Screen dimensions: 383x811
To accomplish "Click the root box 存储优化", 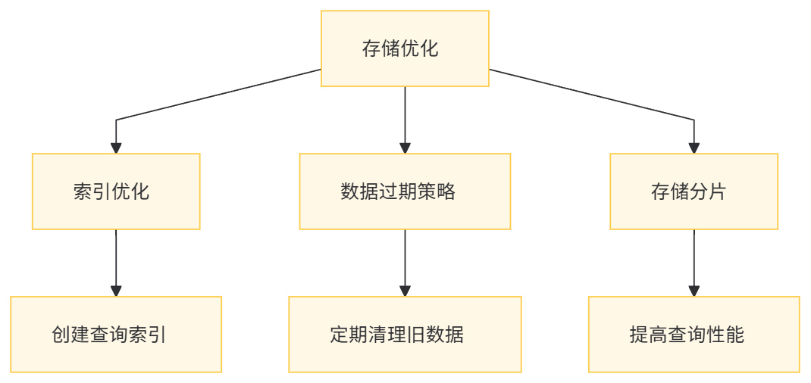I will click(405, 48).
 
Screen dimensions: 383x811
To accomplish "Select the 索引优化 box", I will click(116, 191).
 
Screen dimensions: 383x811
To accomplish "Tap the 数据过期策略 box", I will click(405, 191).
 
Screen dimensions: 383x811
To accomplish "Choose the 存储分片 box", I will click(694, 191).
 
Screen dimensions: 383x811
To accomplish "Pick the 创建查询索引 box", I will click(116, 334).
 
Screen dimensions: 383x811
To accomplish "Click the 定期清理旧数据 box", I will click(405, 334).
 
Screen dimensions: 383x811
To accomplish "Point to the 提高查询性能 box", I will click(694, 334).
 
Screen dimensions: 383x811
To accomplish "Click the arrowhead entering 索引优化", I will click(116, 148).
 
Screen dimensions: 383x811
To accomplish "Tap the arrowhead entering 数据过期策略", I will click(405, 148).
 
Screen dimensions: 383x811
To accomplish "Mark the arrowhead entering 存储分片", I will click(694, 148).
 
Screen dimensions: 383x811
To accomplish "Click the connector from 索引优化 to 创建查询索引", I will click(116, 257).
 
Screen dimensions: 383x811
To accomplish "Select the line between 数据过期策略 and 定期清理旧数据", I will click(405, 257).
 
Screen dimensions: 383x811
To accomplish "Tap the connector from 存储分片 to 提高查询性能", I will click(694, 257).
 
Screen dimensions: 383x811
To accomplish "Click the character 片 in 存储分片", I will click(717, 191).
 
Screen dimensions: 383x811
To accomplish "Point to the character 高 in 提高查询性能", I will click(658, 335).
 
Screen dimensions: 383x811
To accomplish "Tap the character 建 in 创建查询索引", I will click(80, 335).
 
